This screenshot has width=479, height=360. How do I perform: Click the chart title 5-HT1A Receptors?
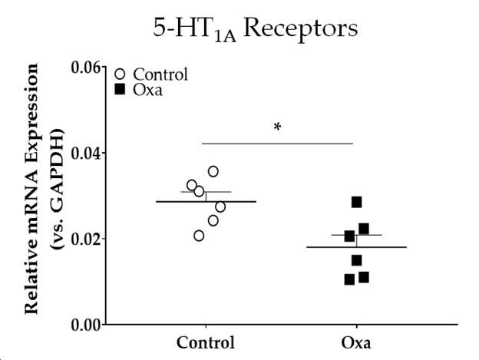pos(255,30)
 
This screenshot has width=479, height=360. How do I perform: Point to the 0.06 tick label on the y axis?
pos(86,68)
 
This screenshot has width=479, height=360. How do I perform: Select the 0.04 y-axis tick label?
pos(86,153)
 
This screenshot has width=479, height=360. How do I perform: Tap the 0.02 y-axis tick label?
pos(86,239)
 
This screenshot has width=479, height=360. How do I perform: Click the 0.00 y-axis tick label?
pos(86,325)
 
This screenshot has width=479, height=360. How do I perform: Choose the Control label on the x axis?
pos(206,342)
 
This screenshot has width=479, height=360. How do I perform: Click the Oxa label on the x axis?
pos(356,343)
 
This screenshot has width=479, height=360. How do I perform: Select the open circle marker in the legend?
pos(120,74)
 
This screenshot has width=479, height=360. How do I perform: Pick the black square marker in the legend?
pos(120,90)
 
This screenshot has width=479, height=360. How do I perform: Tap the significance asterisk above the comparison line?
pos(277,127)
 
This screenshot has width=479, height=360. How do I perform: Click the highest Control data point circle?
pos(213,172)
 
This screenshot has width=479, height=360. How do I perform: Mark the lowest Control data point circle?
pos(199,236)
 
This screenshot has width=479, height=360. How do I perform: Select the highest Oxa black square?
pos(356,202)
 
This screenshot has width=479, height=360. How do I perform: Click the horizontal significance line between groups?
pos(277,144)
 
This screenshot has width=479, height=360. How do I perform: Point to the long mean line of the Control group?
pos(206,202)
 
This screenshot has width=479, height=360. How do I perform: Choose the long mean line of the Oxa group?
pos(356,247)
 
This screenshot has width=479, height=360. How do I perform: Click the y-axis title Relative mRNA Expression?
pos(31,189)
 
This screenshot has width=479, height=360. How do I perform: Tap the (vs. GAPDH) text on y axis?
pos(58,189)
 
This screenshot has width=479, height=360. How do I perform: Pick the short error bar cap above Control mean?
pos(206,192)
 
